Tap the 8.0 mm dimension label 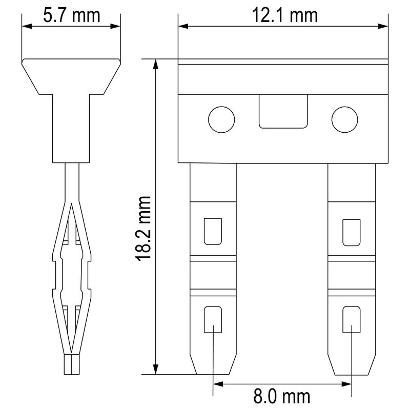282,396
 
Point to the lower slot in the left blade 213,320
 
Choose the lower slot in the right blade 352,320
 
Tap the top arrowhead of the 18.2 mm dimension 155,64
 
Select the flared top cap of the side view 72,77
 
